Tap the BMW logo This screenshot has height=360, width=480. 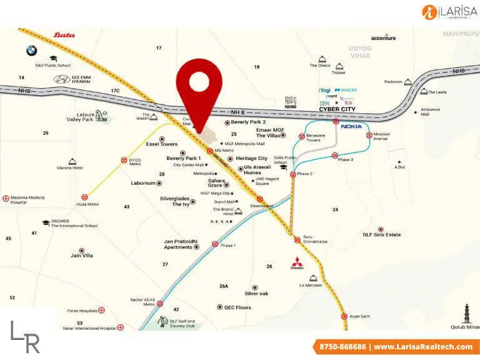coord(31,51)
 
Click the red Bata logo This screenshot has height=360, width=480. coord(64,35)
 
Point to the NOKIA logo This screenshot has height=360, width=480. coord(351,126)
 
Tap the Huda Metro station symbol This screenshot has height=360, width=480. coord(84,197)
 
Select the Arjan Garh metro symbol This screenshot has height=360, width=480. coord(344,316)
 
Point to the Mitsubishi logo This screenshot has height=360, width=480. coord(296,263)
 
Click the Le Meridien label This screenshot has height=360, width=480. coord(313,285)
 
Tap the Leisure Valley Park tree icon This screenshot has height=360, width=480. coord(101,116)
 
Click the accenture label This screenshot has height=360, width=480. coord(383,38)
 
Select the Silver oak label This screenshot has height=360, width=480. coord(256,293)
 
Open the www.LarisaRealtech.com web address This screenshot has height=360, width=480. coord(423,347)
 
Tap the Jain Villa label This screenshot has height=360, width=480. coord(82,255)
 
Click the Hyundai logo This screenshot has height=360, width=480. coord(61,79)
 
